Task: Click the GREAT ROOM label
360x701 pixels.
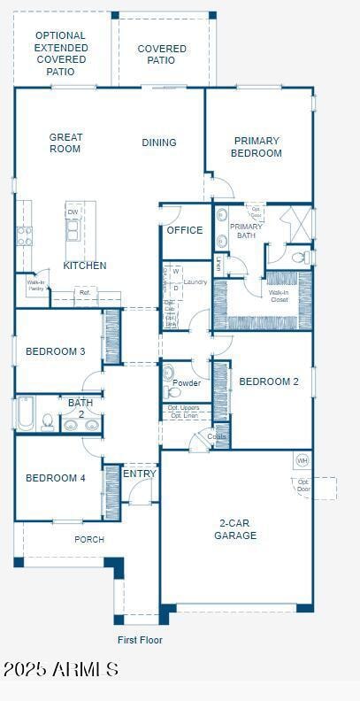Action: click(65, 143)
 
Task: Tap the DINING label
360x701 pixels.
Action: click(159, 143)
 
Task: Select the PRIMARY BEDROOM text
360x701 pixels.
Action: click(257, 147)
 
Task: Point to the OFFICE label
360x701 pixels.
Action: click(185, 230)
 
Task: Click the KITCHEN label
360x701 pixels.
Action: click(85, 266)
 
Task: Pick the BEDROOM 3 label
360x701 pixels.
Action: click(56, 351)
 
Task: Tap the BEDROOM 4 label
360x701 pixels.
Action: click(56, 478)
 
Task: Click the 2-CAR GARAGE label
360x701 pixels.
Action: click(235, 529)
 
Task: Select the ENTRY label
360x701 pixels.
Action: click(140, 474)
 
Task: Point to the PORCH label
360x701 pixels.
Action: click(89, 539)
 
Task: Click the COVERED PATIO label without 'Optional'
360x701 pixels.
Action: click(162, 54)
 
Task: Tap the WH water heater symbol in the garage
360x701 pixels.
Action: click(302, 460)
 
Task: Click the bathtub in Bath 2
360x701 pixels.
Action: click(25, 414)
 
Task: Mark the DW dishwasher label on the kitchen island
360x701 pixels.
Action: click(73, 212)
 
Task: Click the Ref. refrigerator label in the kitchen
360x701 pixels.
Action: click(85, 292)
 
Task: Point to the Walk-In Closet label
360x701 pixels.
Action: click(279, 296)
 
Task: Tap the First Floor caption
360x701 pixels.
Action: click(140, 639)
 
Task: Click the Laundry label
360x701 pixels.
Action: click(195, 282)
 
